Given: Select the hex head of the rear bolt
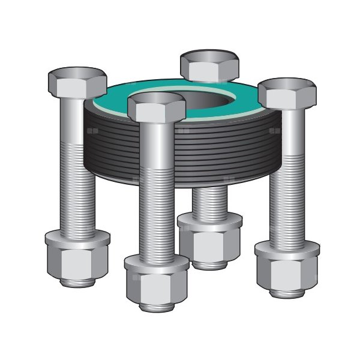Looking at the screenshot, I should pyautogui.click(x=210, y=65).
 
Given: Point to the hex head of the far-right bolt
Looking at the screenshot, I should pyautogui.click(x=287, y=92).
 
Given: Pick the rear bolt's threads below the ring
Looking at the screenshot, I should pyautogui.click(x=210, y=201).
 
